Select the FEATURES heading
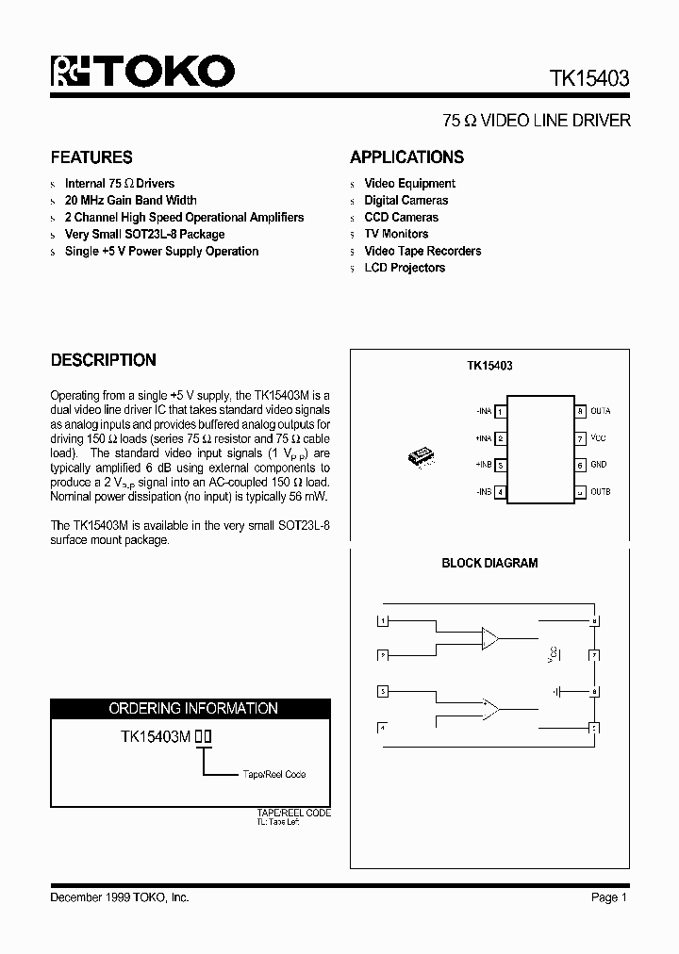click(91, 157)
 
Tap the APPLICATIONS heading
click(406, 157)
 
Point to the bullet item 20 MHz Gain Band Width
click(130, 200)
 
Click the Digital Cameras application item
click(406, 200)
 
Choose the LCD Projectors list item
click(405, 268)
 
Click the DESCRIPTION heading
click(103, 360)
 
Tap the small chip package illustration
click(421, 455)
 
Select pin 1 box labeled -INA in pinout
click(500, 412)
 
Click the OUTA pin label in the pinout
click(601, 411)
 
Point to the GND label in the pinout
click(599, 465)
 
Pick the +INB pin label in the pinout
click(485, 465)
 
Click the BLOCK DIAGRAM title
click(489, 563)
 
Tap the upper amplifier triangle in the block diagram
click(490, 637)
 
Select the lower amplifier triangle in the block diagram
click(490, 708)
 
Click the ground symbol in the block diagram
click(557, 691)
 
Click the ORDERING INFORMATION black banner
click(190, 708)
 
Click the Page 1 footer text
click(609, 897)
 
